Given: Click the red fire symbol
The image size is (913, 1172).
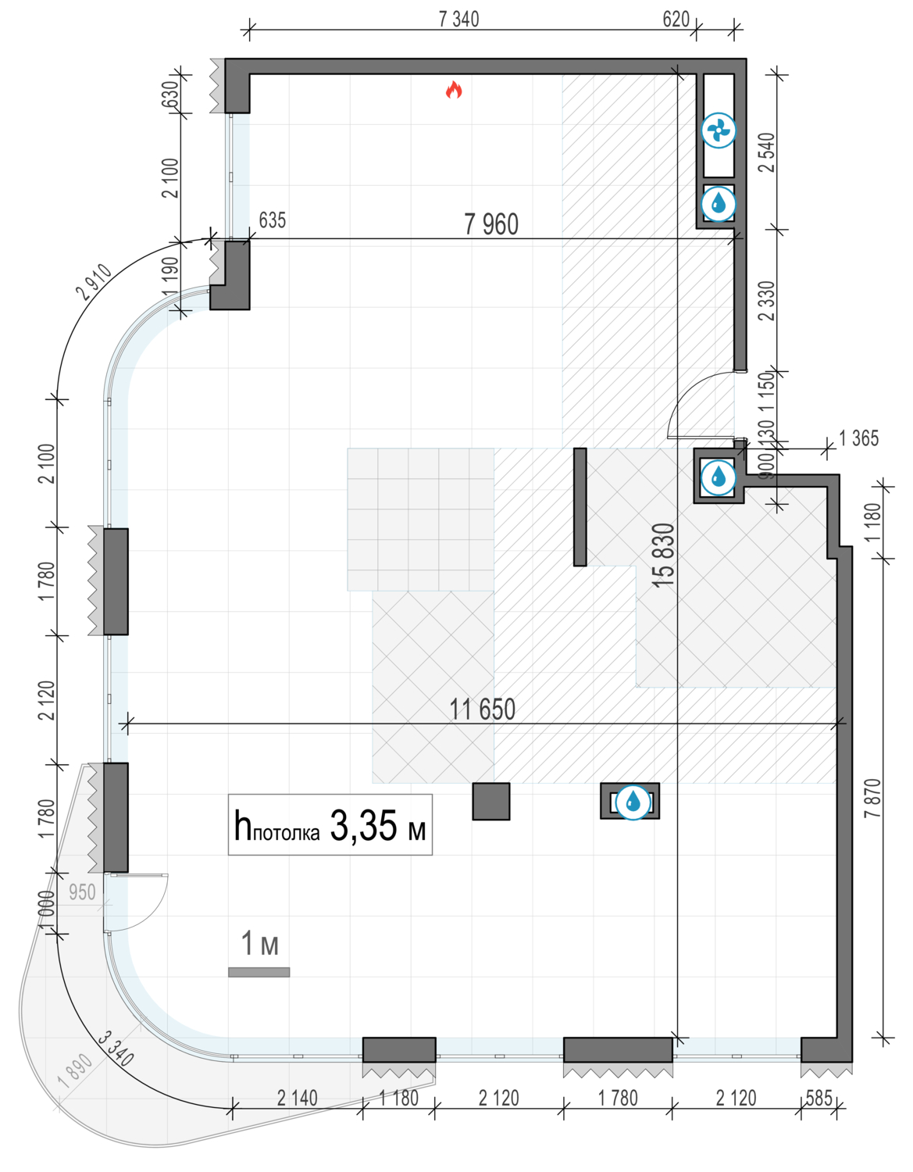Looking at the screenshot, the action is pos(454,90).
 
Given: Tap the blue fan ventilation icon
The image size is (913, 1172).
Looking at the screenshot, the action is pos(719,130).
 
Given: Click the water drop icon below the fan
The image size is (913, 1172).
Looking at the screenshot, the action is pos(719,204).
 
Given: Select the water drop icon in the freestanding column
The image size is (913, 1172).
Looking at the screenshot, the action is pos(633,802).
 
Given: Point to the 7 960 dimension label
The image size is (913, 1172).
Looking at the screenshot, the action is pos(491,224).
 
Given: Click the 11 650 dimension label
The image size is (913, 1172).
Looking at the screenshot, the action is pos(483,709).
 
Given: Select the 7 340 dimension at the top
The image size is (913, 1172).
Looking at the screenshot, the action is pos(458,20).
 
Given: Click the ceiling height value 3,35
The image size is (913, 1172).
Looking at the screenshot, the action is pos(364,826).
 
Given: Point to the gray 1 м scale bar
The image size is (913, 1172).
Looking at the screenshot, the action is pos(259,972).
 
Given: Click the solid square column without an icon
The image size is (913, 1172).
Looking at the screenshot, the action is pos(491,802).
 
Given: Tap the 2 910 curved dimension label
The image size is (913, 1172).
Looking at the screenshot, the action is pos(95,282).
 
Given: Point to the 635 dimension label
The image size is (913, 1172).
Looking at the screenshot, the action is pos(272,220).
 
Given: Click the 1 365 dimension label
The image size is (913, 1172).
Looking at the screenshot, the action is pos(858,438).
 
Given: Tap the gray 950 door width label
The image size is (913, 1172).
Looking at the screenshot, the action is pos(82,892).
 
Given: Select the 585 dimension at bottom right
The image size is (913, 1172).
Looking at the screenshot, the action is pos(818,1098).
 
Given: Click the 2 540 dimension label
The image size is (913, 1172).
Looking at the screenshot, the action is pos(767,152).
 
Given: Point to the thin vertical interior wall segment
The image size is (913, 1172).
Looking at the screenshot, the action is pos(580,507).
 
